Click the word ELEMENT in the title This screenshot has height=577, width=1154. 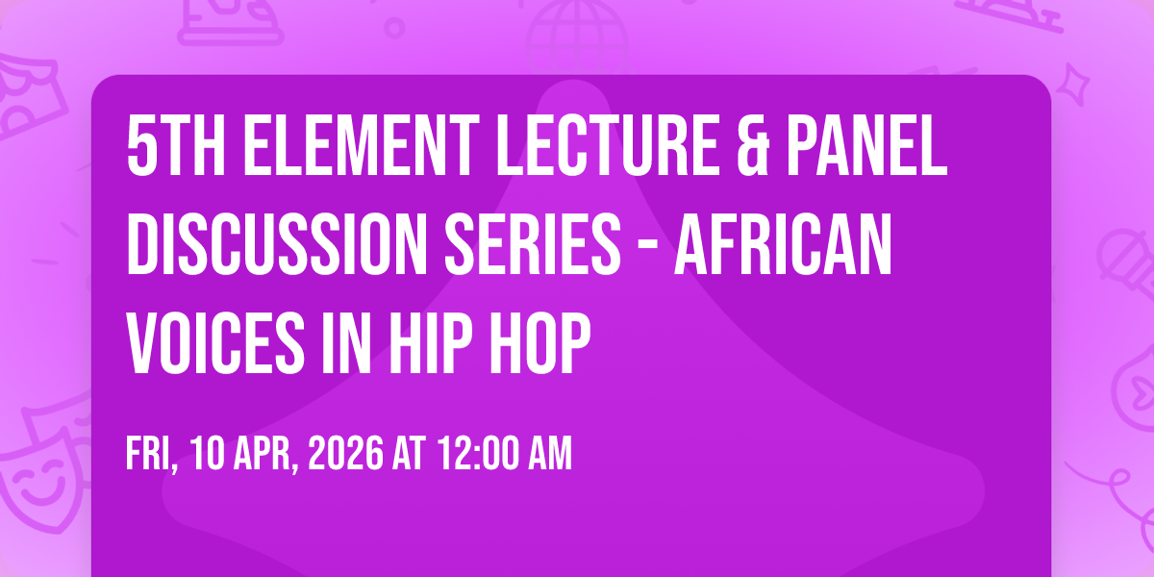362,146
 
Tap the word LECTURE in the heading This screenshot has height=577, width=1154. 607,146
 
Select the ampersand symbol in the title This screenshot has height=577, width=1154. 753,146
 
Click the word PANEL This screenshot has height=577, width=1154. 866,146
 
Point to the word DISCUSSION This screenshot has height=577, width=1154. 277,244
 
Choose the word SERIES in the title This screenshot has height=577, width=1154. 533,244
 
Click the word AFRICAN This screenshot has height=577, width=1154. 783,244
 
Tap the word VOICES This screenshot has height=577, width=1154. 216,342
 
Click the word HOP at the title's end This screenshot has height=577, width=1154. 539,342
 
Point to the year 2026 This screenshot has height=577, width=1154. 345,453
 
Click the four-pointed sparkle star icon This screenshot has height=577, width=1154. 1072,85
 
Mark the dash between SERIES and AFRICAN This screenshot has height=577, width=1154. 647,247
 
